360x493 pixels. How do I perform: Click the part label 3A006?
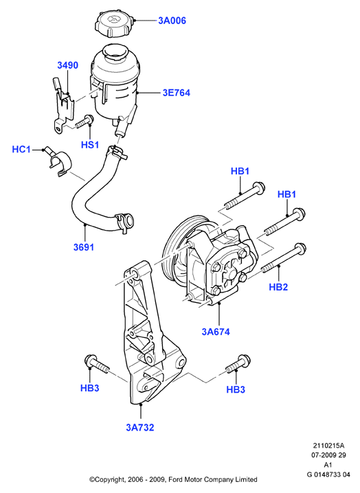click(x=172, y=21)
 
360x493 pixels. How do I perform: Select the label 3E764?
click(x=177, y=93)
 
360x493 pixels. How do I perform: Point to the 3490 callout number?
click(x=67, y=65)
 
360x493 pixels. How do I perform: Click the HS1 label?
click(x=90, y=145)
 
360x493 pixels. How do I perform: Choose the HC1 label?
click(x=21, y=149)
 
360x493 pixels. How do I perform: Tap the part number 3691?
click(x=84, y=247)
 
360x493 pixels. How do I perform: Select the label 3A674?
click(x=216, y=332)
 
